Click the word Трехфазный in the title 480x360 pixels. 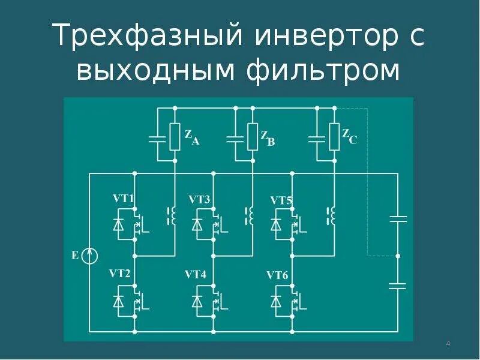tap(148, 37)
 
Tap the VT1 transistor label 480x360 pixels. tap(124, 198)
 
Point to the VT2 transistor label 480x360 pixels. tap(119, 274)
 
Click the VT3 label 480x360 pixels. tap(199, 199)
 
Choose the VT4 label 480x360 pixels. tap(196, 275)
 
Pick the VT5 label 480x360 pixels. tap(281, 200)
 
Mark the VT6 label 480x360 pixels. tap(278, 275)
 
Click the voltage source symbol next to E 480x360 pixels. tap(90, 256)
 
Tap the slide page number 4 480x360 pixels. tap(448, 344)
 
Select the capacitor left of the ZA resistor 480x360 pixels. tap(157, 139)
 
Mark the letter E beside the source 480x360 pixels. tap(74, 256)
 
